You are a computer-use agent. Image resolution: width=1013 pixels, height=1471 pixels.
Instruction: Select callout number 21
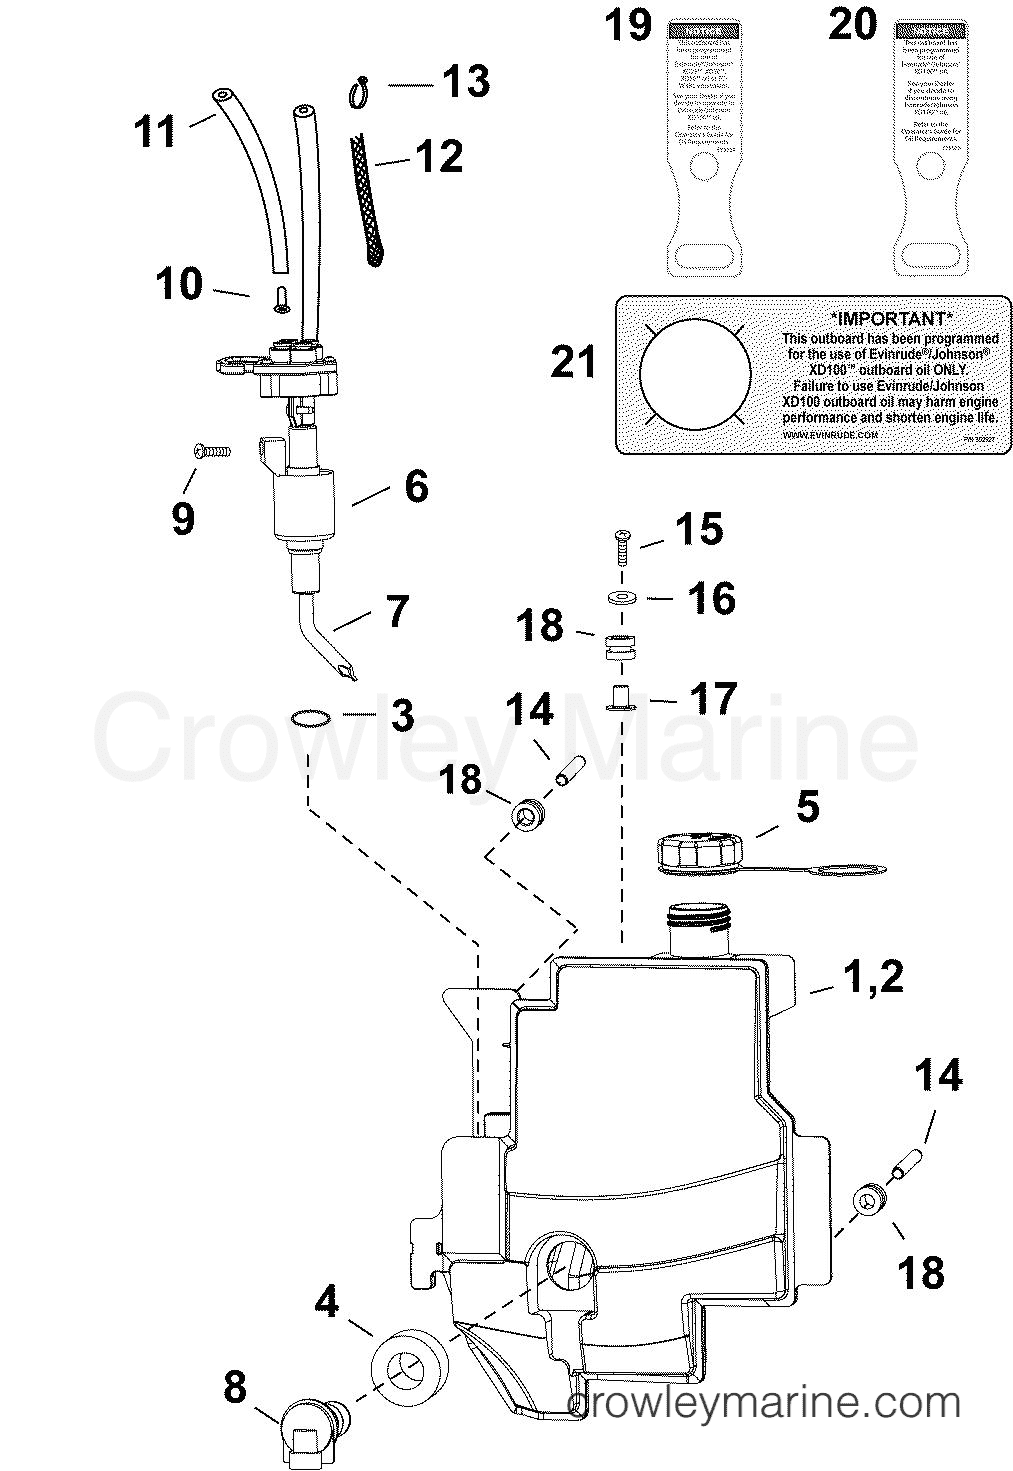(x=573, y=361)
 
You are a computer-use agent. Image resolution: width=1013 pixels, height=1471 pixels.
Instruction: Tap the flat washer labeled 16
(x=623, y=598)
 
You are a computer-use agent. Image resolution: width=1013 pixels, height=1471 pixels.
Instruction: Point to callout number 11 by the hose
(x=155, y=131)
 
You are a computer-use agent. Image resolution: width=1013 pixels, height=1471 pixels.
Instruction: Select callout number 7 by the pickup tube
(x=397, y=610)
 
